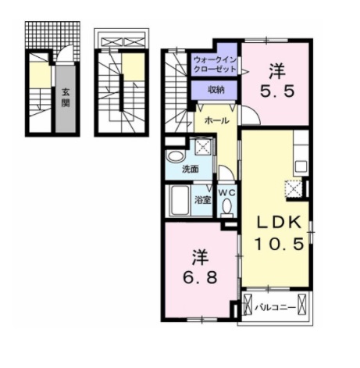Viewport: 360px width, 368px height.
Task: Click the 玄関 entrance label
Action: click(66, 98)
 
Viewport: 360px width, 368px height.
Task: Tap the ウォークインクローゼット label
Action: click(215, 65)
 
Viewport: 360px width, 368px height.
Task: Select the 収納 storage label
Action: click(216, 90)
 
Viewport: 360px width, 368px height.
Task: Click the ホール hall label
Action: click(216, 120)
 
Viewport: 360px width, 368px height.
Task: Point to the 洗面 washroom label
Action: click(191, 170)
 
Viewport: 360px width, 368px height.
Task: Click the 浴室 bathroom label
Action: click(202, 200)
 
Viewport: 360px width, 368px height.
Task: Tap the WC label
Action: click(226, 193)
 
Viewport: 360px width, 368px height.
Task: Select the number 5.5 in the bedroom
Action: click(277, 91)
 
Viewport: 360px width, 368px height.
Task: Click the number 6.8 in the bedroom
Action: click(200, 277)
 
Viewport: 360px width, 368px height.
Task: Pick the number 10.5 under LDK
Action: click(279, 244)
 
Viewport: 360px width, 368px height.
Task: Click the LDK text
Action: click(279, 223)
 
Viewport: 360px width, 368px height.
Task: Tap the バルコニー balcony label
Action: click(275, 308)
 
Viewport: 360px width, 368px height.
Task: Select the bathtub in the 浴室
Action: click(180, 200)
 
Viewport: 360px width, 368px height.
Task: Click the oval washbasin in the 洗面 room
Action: click(175, 157)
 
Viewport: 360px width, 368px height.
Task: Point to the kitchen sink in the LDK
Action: click(301, 166)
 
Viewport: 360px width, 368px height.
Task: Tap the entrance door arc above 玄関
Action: click(65, 53)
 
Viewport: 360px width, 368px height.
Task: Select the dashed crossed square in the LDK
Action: click(294, 188)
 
